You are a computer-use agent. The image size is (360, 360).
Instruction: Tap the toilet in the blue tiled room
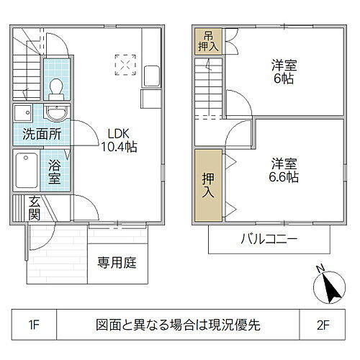coord(55,87)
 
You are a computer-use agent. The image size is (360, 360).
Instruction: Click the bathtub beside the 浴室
coord(25,173)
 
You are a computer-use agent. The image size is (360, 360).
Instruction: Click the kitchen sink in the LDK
coord(152,75)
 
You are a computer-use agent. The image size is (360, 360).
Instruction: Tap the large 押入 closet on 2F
coord(207,184)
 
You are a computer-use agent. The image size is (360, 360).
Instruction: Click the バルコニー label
coord(268,240)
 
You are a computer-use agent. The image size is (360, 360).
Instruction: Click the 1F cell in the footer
coord(34,325)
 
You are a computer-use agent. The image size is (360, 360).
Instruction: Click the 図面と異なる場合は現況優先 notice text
coord(178,325)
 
